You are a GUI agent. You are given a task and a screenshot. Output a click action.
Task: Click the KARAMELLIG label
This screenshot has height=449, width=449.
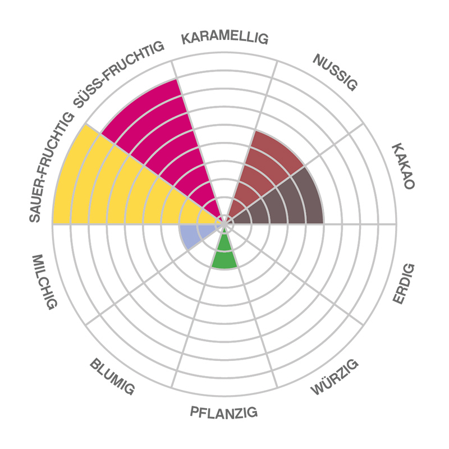pyautogui.click(x=225, y=38)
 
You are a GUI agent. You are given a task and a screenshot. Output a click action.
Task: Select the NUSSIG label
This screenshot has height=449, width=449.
pyautogui.click(x=335, y=72)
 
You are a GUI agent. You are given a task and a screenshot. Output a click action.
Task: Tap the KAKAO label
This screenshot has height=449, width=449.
pyautogui.click(x=403, y=166)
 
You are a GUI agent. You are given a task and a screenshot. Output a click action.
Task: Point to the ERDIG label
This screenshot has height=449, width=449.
pyautogui.click(x=404, y=283)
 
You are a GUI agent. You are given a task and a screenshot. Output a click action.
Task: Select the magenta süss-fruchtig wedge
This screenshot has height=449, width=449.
pyautogui.click(x=163, y=135)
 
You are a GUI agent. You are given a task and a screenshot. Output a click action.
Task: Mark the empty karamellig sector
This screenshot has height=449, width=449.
pyautogui.click(x=224, y=112)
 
